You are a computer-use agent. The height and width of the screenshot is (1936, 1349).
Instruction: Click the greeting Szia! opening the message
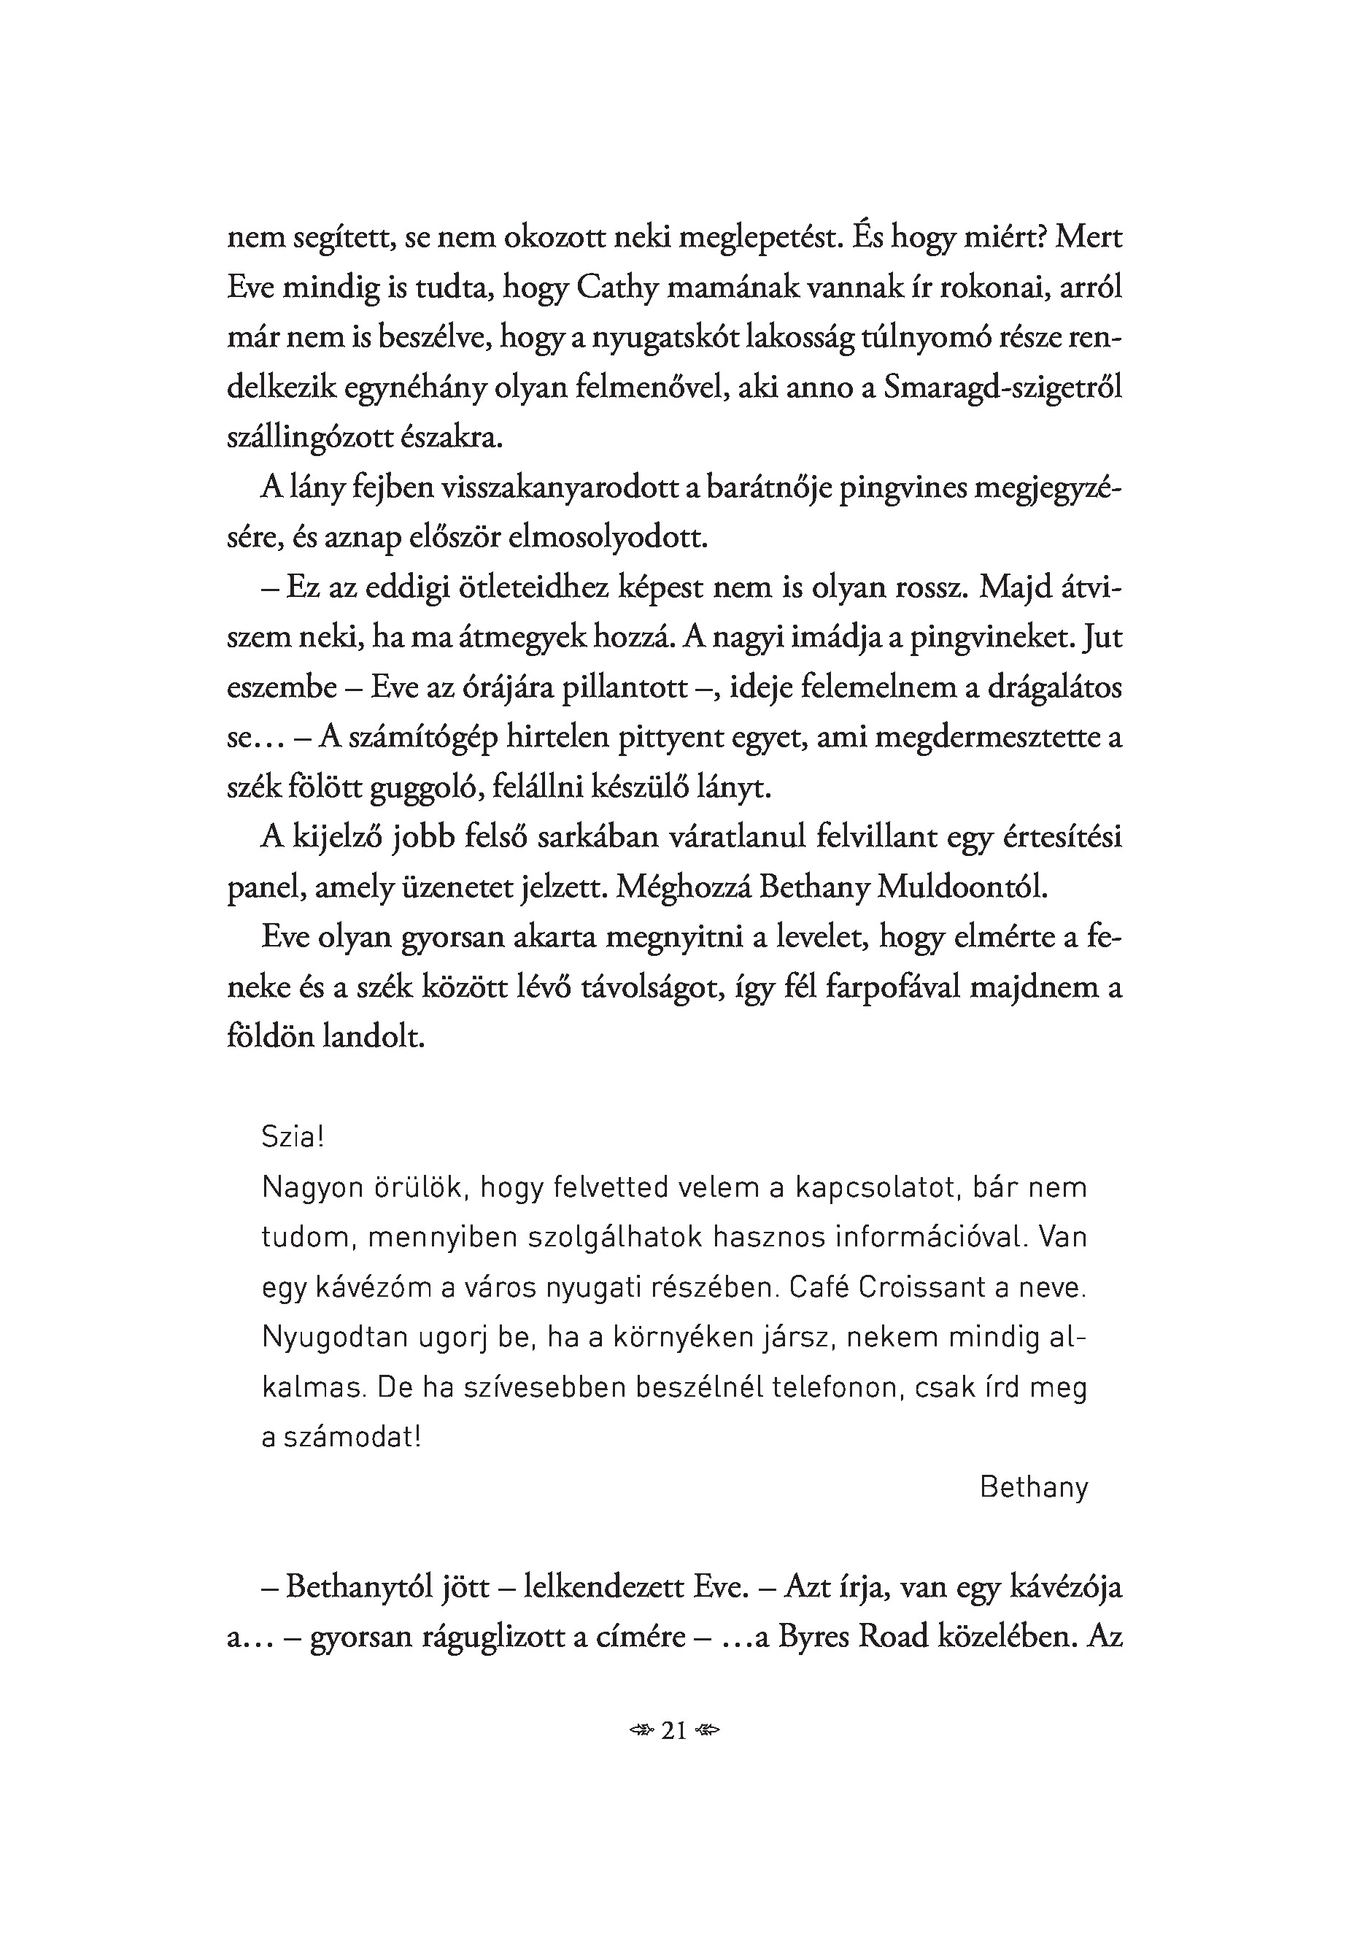293,1138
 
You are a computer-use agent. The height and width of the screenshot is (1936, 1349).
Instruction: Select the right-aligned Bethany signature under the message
1034,1487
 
